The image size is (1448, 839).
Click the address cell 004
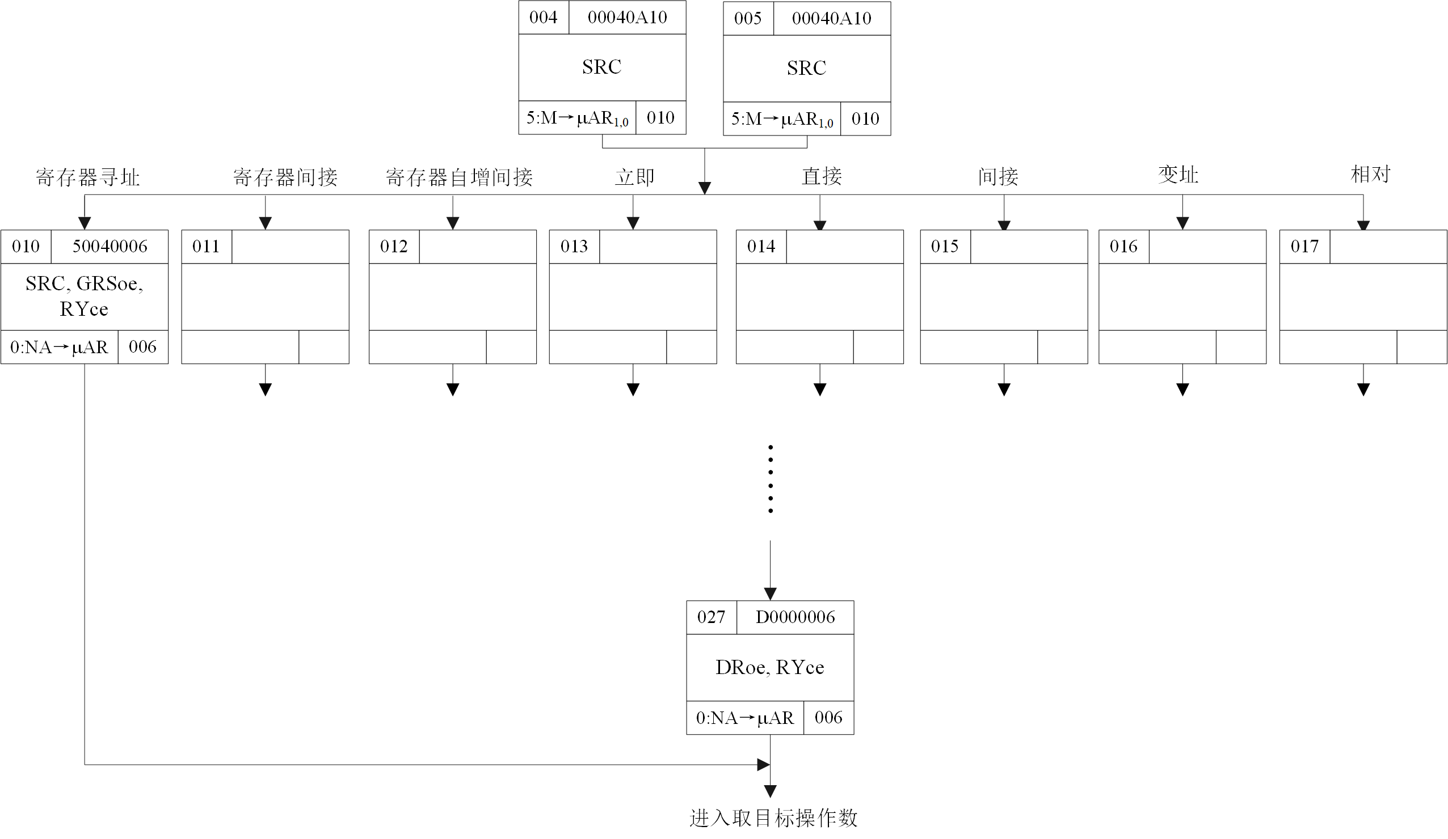(543, 17)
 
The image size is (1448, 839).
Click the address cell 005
(748, 18)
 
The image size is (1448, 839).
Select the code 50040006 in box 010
(110, 247)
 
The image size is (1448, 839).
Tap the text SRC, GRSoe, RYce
(84, 296)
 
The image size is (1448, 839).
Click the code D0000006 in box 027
(795, 617)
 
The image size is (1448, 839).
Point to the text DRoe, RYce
(769, 667)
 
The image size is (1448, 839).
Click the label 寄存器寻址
(87, 177)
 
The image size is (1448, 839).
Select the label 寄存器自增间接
(458, 177)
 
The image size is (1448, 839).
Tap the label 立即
(634, 177)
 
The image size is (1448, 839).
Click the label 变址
(1178, 175)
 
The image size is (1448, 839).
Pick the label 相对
(1370, 173)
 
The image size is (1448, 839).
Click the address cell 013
(574, 247)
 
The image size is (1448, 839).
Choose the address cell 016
(1123, 247)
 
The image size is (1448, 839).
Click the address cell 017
(1304, 247)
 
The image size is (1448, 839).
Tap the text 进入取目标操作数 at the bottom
(773, 818)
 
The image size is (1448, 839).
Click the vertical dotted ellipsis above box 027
(770, 478)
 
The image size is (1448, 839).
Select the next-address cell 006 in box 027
(828, 717)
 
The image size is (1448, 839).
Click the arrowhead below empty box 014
(819, 389)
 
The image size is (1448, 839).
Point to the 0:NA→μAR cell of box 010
(59, 347)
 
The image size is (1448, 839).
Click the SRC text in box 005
(806, 69)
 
